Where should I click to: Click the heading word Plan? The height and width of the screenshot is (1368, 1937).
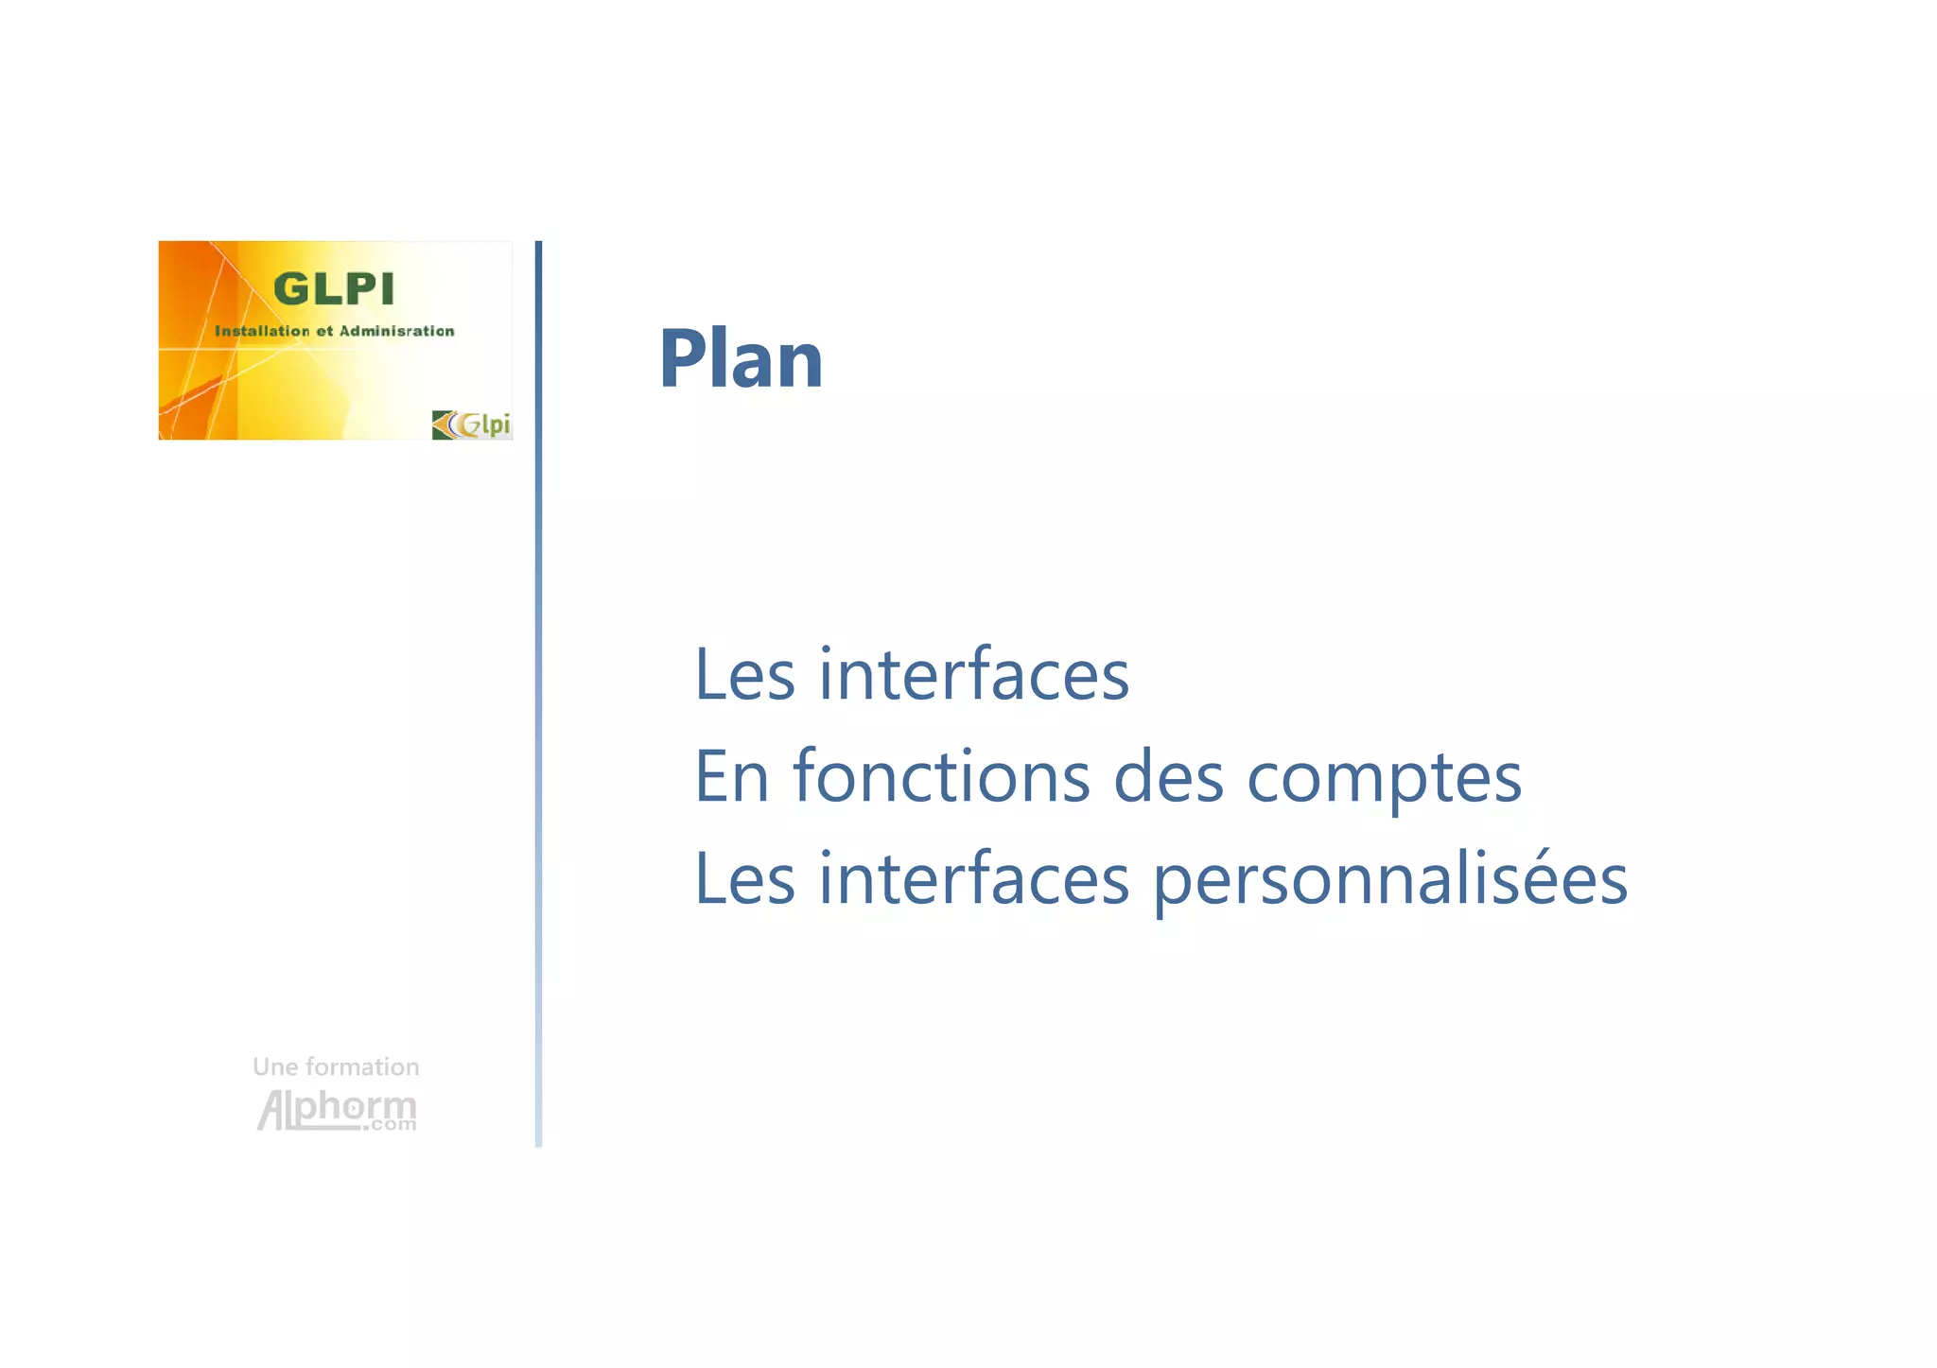coord(741,359)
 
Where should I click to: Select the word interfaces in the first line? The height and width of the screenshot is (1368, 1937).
coord(973,675)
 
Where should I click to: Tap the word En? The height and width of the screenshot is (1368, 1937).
coord(731,777)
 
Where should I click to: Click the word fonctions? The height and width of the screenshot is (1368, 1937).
coord(941,777)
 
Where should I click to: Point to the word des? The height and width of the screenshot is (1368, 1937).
coord(1169,777)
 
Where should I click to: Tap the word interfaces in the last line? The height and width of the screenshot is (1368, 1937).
coord(973,879)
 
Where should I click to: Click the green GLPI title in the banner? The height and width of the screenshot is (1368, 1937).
coord(333,289)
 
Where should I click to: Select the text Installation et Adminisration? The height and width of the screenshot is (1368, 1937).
coord(334,331)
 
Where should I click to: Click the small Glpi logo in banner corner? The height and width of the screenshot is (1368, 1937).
coord(471,424)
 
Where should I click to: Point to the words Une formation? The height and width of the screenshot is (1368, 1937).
coord(336,1067)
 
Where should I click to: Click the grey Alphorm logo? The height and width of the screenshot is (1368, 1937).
coord(336,1108)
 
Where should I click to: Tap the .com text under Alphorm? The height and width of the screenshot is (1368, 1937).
coord(393,1125)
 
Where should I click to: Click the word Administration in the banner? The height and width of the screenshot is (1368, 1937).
coord(396,331)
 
